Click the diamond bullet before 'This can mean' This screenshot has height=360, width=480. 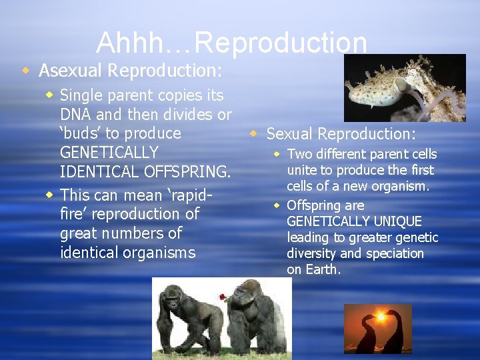(50, 195)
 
